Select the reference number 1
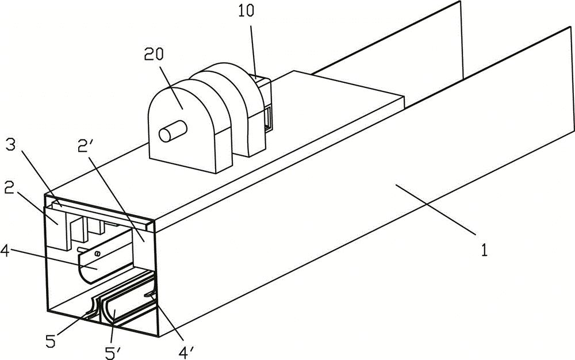click(485, 251)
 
